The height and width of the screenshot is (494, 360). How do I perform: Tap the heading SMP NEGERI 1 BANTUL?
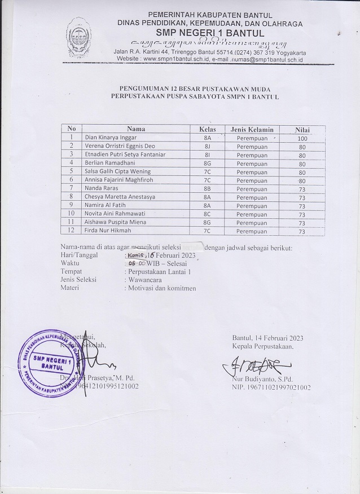pos(209,33)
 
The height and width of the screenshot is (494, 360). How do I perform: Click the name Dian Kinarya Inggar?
pos(110,137)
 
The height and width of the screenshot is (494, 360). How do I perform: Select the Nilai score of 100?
pos(302,138)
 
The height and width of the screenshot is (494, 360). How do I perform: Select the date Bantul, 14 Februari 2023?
pos(268,338)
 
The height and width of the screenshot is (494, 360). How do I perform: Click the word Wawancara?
pos(144,280)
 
